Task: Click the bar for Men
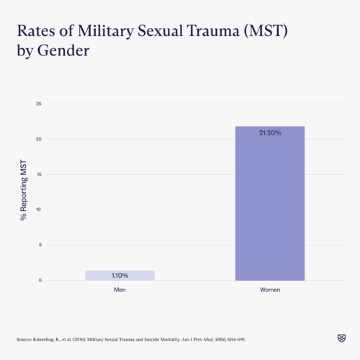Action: click(120, 275)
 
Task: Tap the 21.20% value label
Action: click(270, 133)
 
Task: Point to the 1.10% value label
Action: click(120, 276)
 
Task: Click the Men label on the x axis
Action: click(120, 289)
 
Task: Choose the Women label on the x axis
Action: click(270, 289)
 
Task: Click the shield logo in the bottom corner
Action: click(341, 337)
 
